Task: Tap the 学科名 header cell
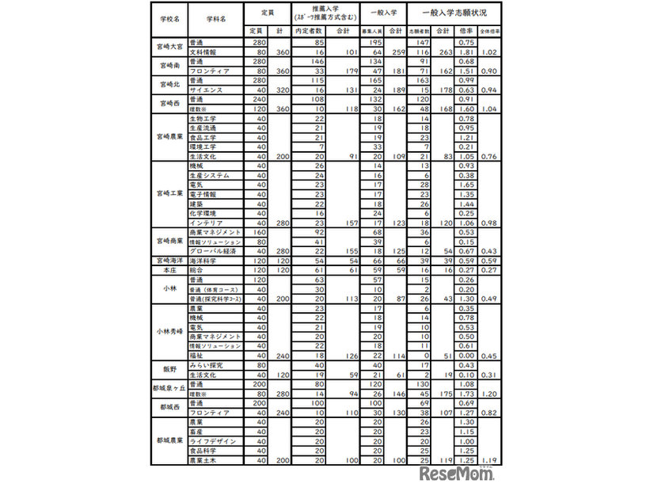point(215,16)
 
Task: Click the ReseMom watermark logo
point(458,474)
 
